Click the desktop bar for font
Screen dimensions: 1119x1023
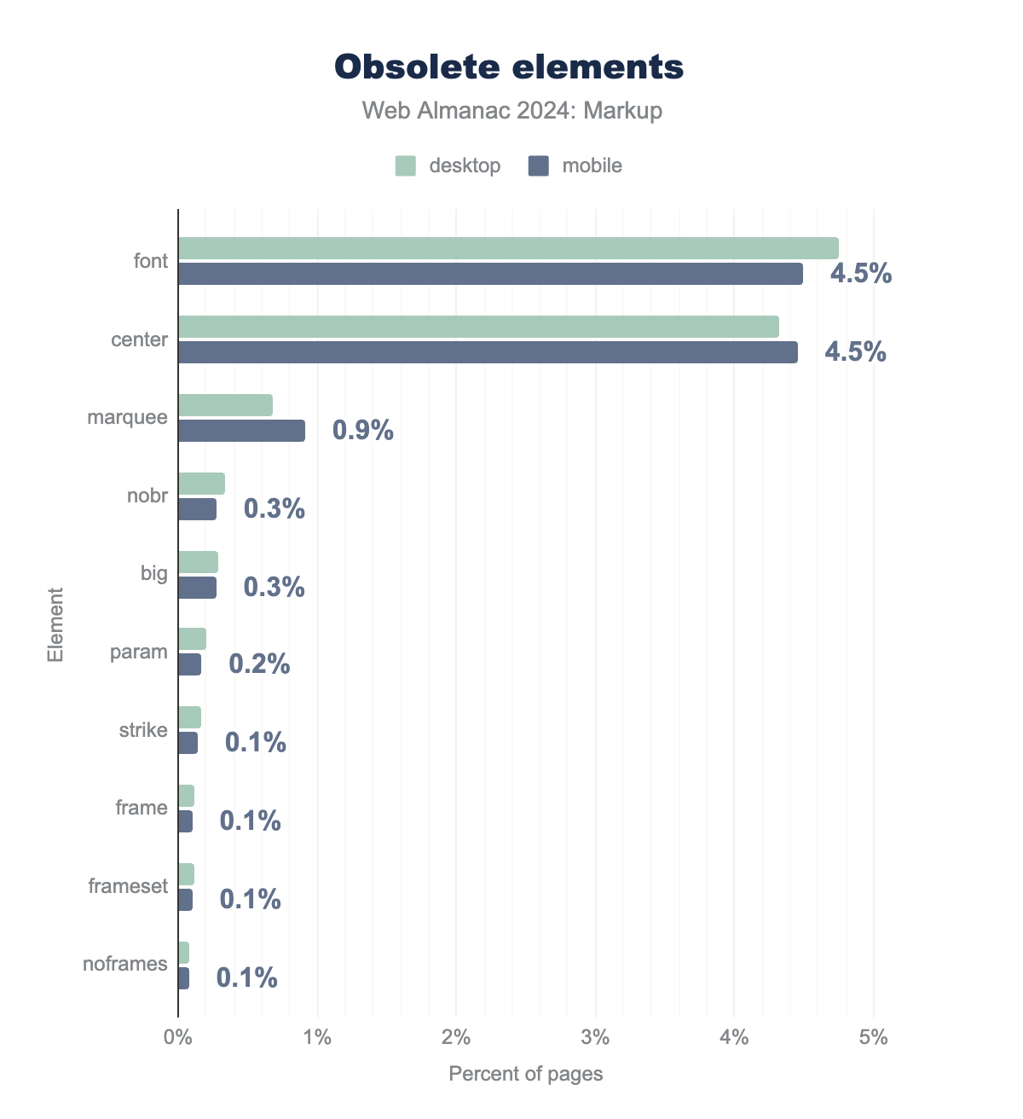508,248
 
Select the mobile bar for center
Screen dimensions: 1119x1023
488,352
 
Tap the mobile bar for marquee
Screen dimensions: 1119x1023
241,431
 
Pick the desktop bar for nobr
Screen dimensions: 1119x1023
201,484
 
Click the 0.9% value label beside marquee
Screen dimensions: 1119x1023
363,430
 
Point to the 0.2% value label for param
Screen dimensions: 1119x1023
259,664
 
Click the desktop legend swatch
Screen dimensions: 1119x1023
405,165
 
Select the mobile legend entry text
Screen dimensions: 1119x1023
592,165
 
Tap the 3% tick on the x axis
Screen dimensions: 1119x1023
595,1038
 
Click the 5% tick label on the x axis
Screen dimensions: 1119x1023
873,1038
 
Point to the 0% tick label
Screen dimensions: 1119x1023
178,1038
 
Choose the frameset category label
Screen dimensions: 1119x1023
128,886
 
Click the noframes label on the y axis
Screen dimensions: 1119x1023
125,964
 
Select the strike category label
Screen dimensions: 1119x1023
143,730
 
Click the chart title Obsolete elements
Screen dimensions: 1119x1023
509,67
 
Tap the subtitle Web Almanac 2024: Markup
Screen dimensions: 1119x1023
511,111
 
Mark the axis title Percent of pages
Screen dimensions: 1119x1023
525,1074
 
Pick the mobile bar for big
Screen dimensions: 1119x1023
197,588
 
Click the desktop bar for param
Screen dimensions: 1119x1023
192,639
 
